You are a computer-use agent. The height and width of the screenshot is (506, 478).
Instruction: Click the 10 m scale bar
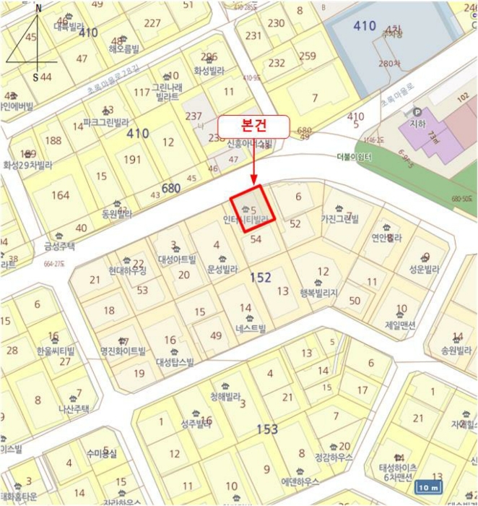point(430,488)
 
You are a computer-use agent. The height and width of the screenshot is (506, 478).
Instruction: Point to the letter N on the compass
point(38,9)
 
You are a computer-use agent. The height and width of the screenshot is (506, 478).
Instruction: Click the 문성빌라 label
point(222,270)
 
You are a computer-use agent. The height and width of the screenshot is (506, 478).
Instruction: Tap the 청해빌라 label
point(225,397)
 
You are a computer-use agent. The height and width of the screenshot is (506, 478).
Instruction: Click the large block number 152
point(261,277)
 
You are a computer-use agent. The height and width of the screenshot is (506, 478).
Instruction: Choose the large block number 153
point(267,429)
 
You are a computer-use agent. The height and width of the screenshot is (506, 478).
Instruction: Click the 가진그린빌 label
point(339,218)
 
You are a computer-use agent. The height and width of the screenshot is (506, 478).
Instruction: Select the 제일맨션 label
point(401,325)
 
